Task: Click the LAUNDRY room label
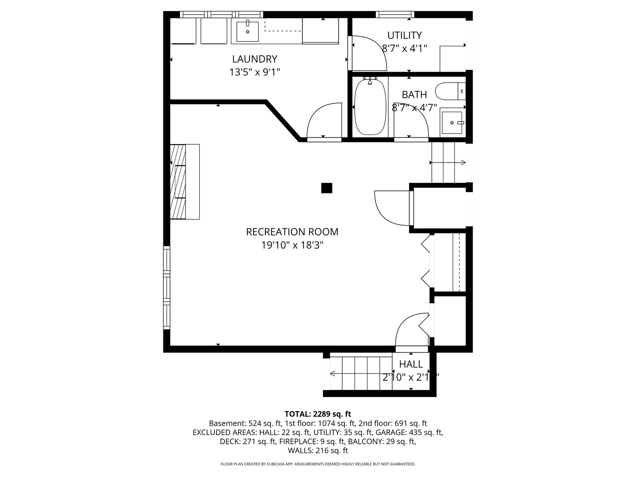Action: click(x=254, y=59)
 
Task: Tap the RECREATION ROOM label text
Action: click(x=292, y=232)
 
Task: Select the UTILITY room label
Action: click(x=404, y=35)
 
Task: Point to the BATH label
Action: click(x=414, y=95)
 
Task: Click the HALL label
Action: click(x=411, y=364)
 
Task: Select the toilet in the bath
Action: click(x=450, y=91)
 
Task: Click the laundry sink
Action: click(x=246, y=31)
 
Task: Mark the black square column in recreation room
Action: click(x=326, y=188)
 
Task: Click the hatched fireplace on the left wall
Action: click(x=178, y=182)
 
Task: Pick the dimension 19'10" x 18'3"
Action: click(x=292, y=245)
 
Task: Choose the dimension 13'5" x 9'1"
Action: click(x=254, y=72)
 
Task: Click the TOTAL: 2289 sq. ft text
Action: click(x=318, y=414)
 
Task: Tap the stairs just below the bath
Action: click(x=443, y=163)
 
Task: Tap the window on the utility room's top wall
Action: click(x=395, y=15)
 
